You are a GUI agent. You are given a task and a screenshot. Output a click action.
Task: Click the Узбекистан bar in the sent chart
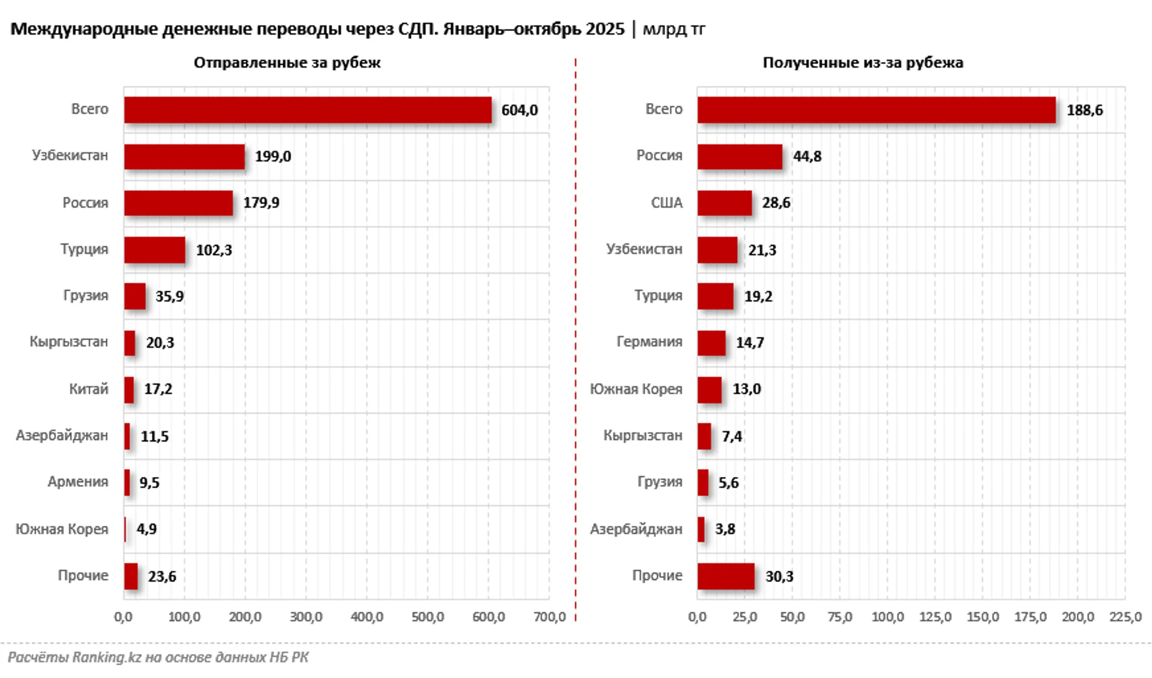tap(184, 156)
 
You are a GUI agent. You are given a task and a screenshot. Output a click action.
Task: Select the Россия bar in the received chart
tap(739, 156)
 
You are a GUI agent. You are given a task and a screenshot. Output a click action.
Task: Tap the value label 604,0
tap(519, 110)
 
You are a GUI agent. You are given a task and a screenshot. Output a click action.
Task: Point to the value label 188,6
tap(1084, 110)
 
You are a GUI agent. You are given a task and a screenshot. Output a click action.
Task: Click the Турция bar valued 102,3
tap(155, 250)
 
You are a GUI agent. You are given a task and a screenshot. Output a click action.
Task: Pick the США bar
tap(724, 203)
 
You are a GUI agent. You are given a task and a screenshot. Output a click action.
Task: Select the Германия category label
tap(649, 342)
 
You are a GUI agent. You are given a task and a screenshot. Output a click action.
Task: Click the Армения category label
tap(78, 482)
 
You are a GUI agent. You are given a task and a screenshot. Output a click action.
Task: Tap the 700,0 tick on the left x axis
tap(549, 617)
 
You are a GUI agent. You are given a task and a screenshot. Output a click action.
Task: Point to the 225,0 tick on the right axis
tap(1125, 617)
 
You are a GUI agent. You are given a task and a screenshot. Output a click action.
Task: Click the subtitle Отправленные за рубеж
tap(287, 63)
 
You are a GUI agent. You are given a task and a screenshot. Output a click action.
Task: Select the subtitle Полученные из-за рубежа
tap(862, 63)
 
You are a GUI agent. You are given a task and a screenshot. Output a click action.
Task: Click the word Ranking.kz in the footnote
tap(107, 657)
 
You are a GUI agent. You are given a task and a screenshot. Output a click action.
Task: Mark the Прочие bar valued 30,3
tap(725, 576)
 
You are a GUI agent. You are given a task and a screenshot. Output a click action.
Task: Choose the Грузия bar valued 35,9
tap(134, 296)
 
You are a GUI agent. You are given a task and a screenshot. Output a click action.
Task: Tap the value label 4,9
tap(147, 529)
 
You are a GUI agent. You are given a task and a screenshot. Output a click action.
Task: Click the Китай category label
tap(89, 389)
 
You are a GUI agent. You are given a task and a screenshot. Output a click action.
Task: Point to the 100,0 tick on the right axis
tap(887, 617)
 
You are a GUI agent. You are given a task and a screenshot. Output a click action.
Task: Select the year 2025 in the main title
tap(605, 29)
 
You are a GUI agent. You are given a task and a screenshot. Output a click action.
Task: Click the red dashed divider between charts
tap(575, 341)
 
